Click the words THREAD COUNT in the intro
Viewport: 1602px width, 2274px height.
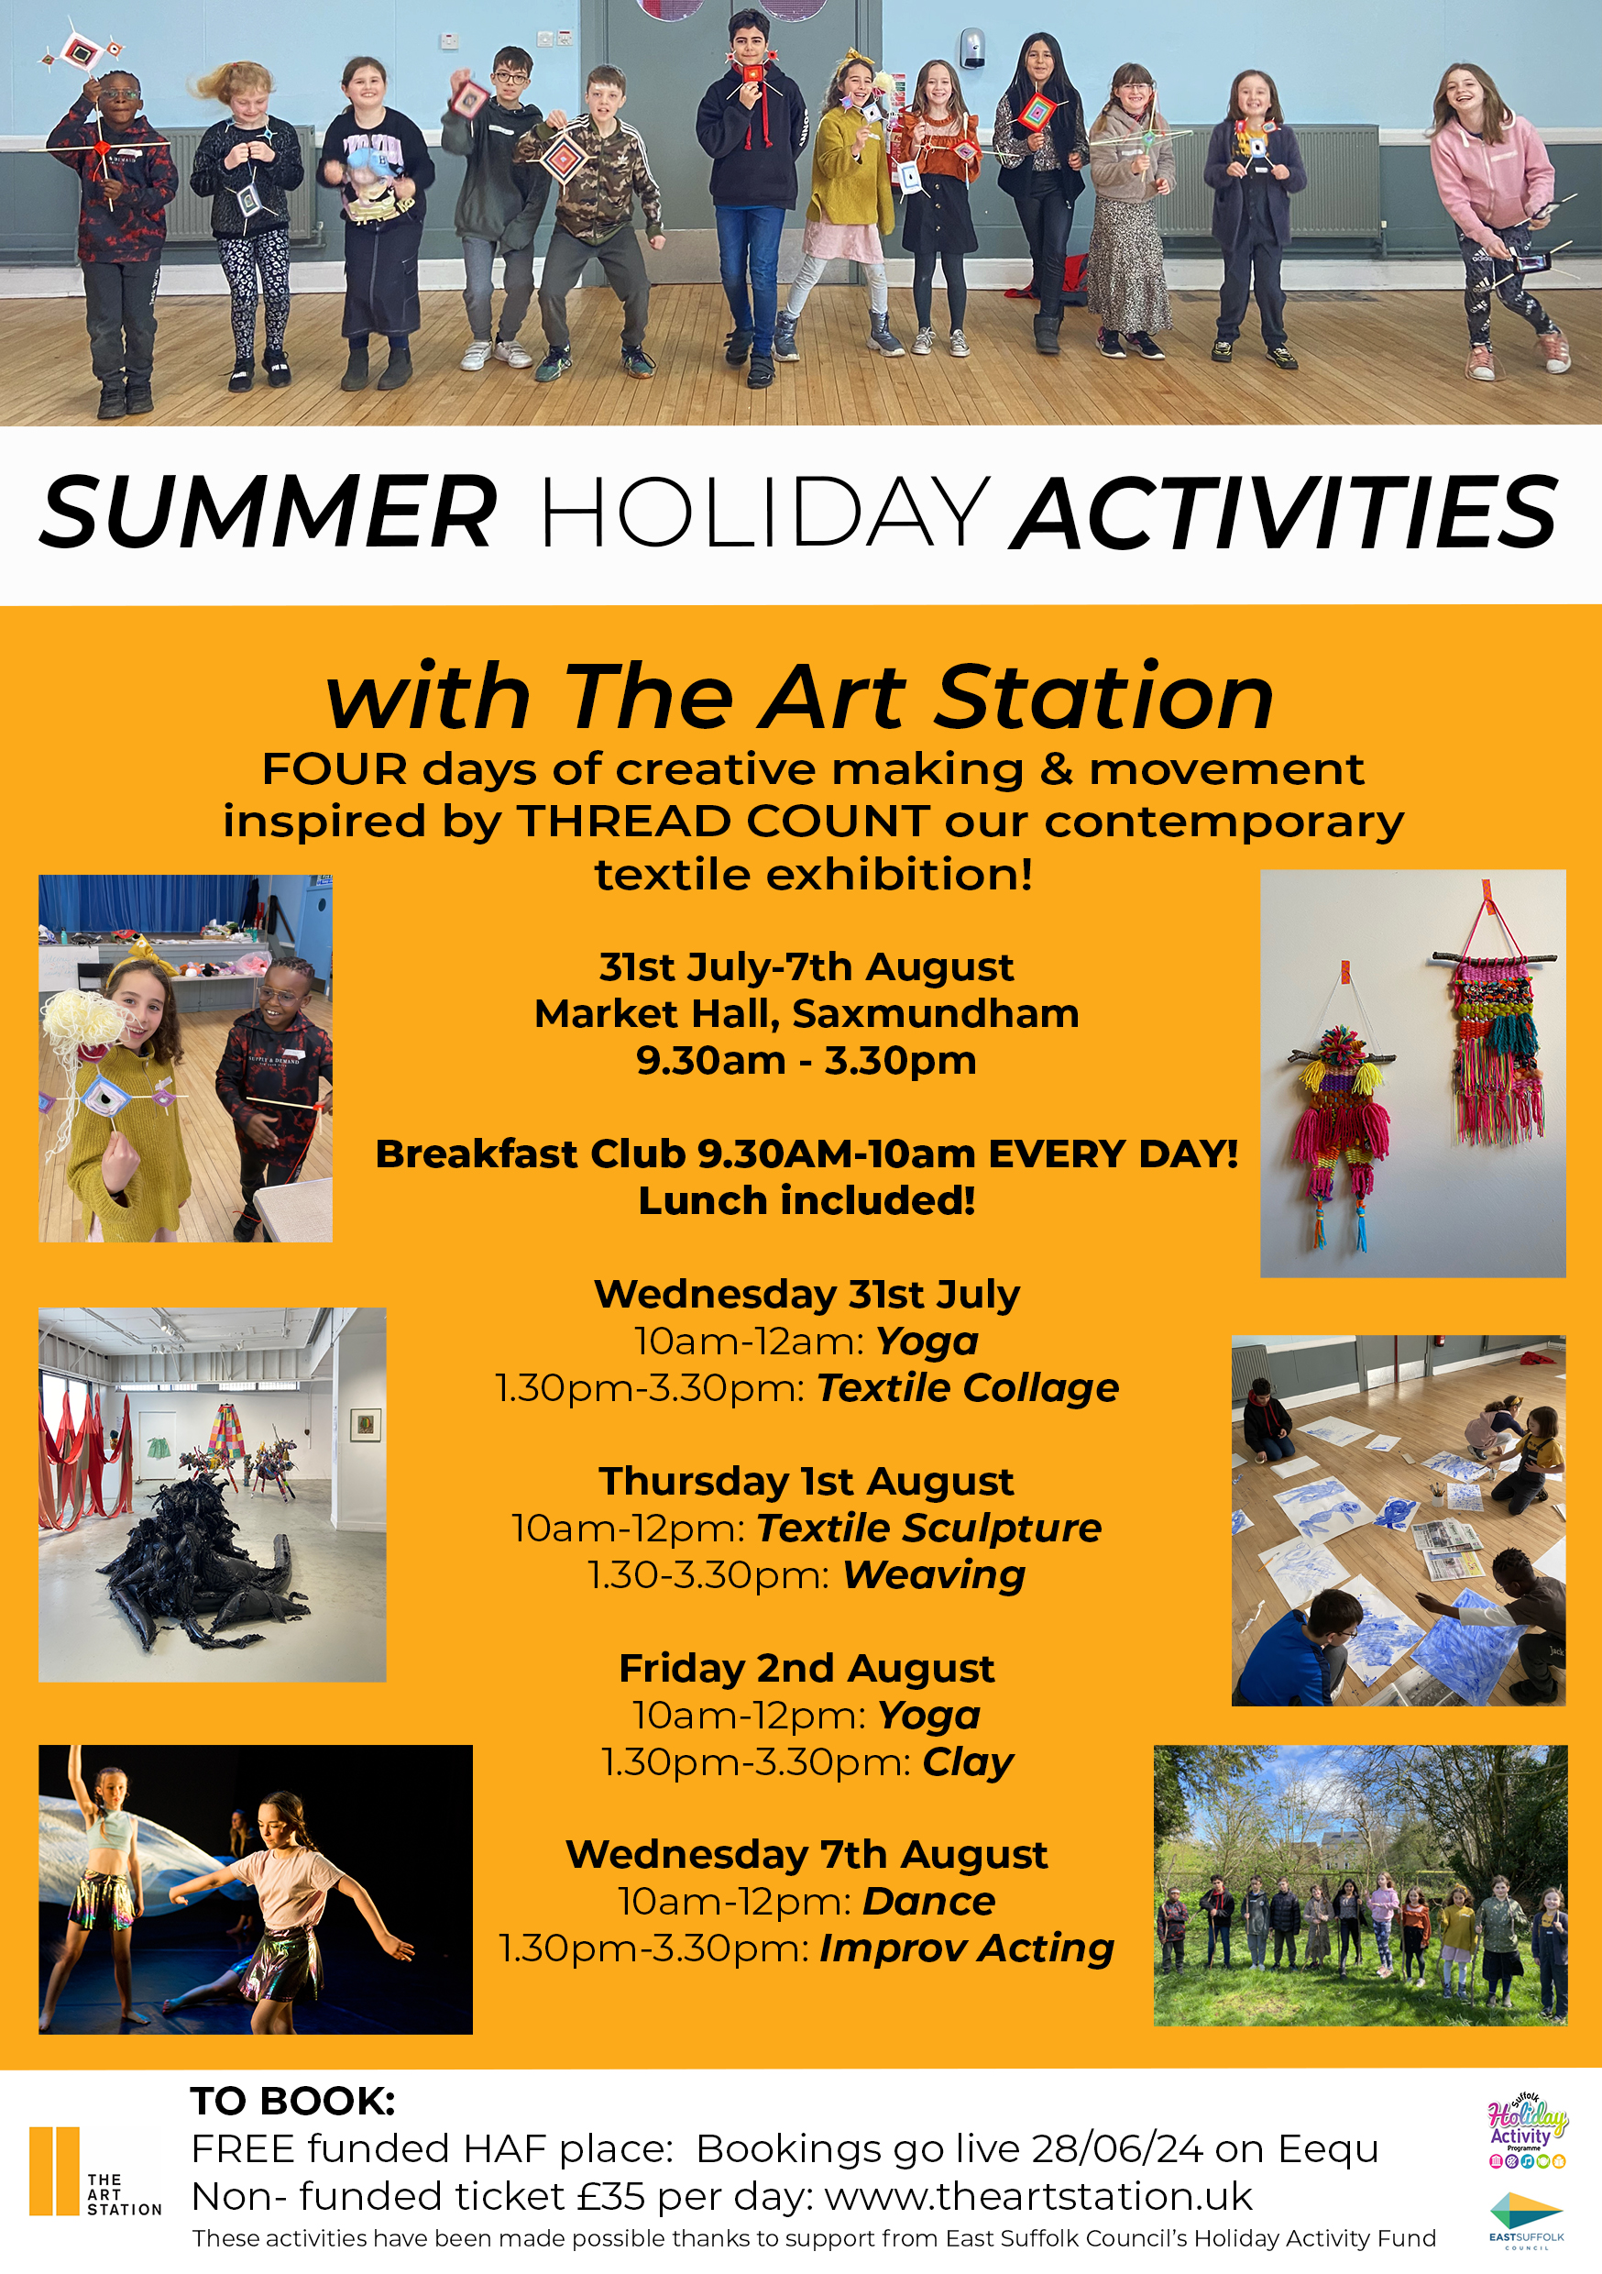pyautogui.click(x=723, y=821)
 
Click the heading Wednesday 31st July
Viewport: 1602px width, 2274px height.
pyautogui.click(x=806, y=1295)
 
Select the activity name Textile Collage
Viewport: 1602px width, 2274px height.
pyautogui.click(x=967, y=1388)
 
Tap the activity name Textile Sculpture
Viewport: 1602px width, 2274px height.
pyautogui.click(x=928, y=1529)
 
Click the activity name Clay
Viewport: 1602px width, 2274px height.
pyautogui.click(x=967, y=1763)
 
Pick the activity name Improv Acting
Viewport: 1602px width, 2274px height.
pyautogui.click(x=966, y=1949)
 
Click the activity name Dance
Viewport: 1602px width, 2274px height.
pyautogui.click(x=928, y=1902)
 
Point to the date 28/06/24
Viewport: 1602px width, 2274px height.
pyautogui.click(x=1117, y=2149)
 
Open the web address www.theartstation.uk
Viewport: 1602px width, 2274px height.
pyautogui.click(x=1038, y=2197)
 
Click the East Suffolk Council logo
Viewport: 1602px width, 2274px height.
pyautogui.click(x=1526, y=2220)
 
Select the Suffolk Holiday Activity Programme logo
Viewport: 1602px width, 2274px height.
pyautogui.click(x=1527, y=2129)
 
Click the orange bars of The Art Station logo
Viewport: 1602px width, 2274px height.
pyautogui.click(x=53, y=2170)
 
